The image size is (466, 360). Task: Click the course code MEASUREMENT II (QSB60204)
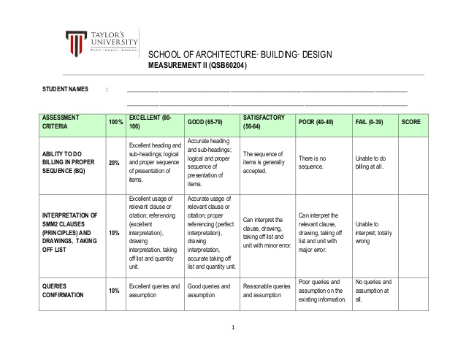[198, 66]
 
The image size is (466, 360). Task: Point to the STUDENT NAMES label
[65, 90]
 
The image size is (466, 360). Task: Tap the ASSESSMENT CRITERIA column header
[63, 121]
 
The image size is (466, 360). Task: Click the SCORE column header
[410, 121]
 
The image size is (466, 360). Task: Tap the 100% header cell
[115, 121]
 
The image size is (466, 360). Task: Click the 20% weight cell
[115, 162]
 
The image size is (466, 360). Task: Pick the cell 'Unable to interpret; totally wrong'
[373, 232]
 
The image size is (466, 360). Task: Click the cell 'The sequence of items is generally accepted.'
[266, 163]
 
